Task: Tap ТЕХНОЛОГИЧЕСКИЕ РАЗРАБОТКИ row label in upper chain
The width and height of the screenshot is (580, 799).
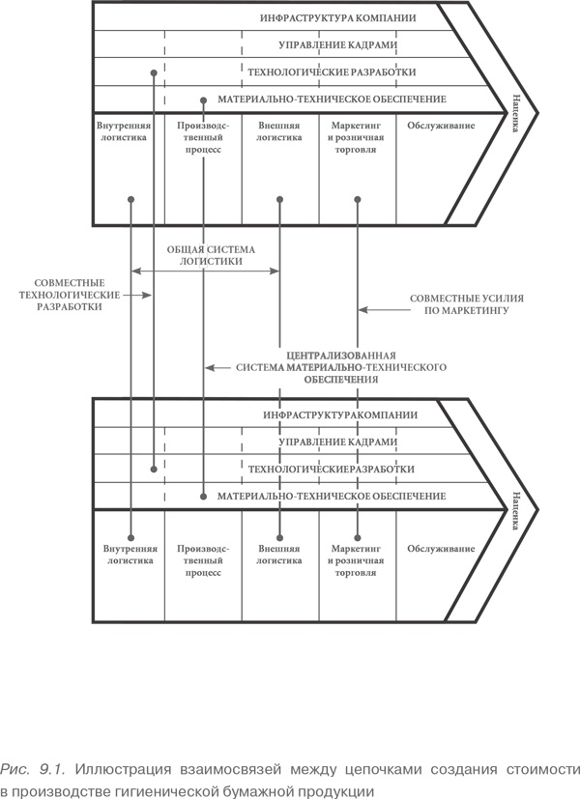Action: coord(332,72)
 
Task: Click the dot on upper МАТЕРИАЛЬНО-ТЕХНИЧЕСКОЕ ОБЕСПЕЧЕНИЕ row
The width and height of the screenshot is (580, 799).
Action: coord(204,100)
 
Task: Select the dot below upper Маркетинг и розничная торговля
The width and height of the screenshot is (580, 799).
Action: coord(357,200)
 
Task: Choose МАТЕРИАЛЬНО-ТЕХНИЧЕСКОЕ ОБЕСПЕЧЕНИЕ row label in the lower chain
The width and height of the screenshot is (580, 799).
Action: coord(332,496)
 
